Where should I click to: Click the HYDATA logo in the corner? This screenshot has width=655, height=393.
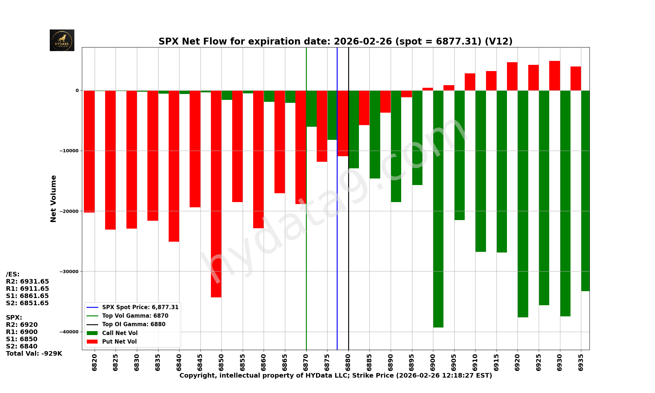[x=62, y=40]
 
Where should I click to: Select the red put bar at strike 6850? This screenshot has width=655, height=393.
[x=216, y=193]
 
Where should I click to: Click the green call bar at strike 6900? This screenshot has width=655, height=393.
[x=438, y=210]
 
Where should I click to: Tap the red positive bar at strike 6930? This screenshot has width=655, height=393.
[x=554, y=76]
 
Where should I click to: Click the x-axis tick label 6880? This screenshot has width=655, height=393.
[x=348, y=362]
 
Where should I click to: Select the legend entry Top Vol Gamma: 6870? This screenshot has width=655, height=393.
[x=135, y=316]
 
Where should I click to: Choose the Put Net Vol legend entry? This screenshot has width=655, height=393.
[x=119, y=342]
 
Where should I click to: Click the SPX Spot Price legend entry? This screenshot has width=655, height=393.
[x=140, y=307]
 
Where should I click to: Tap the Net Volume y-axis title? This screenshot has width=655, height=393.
[x=53, y=199]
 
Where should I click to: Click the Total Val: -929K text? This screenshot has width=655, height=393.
[x=34, y=353]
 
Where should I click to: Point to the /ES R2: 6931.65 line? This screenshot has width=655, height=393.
[x=28, y=281]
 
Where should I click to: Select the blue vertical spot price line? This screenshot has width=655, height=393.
[x=337, y=229]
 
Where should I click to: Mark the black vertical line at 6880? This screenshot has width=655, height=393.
[x=348, y=262]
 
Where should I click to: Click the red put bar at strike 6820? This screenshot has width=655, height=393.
[x=89, y=151]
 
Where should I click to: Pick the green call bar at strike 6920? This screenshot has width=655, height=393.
[x=523, y=203]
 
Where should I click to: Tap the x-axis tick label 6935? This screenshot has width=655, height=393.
[x=581, y=362]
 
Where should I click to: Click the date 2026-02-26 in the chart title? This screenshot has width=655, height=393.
[x=363, y=42]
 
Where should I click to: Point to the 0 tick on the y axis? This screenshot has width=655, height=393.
[x=77, y=90]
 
